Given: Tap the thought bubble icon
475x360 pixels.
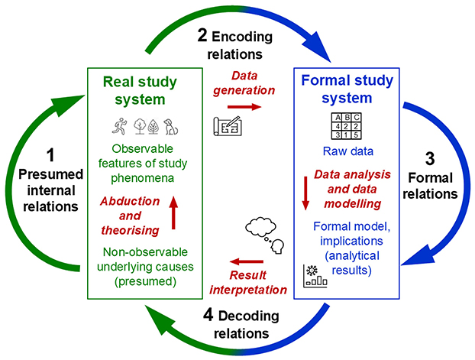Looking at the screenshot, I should pyautogui.click(x=263, y=232).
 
